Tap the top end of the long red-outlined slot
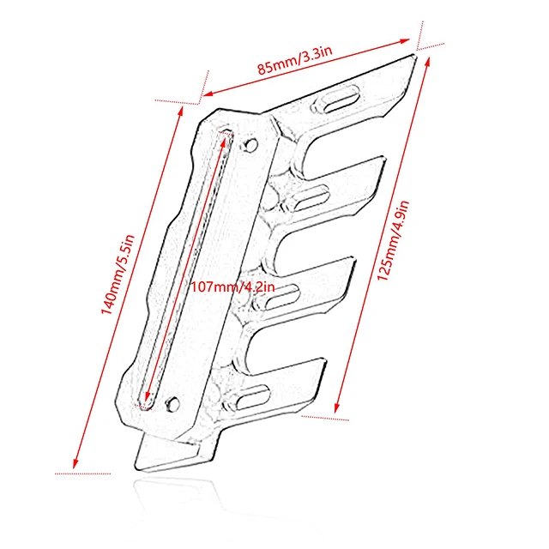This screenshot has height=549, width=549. (x=228, y=134)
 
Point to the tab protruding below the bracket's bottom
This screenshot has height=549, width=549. (x=163, y=455)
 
